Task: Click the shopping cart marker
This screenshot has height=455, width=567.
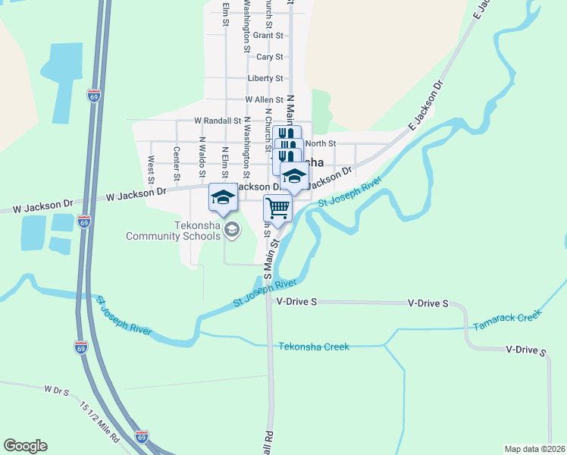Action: [278, 207]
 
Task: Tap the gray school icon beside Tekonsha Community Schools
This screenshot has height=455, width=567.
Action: [232, 229]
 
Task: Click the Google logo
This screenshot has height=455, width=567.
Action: [25, 446]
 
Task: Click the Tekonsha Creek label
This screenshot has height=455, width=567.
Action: [314, 347]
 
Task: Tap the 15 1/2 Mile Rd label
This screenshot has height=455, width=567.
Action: [99, 423]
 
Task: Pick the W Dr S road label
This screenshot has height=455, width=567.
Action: [56, 391]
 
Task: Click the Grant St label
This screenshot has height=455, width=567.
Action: [268, 36]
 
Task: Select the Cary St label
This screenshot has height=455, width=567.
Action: [270, 57]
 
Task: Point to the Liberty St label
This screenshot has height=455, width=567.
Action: [265, 78]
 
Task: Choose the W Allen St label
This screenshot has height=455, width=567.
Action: [264, 99]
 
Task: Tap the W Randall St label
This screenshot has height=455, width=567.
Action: [217, 121]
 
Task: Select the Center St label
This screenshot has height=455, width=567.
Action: [176, 163]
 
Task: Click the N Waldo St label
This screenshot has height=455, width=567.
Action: [202, 156]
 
